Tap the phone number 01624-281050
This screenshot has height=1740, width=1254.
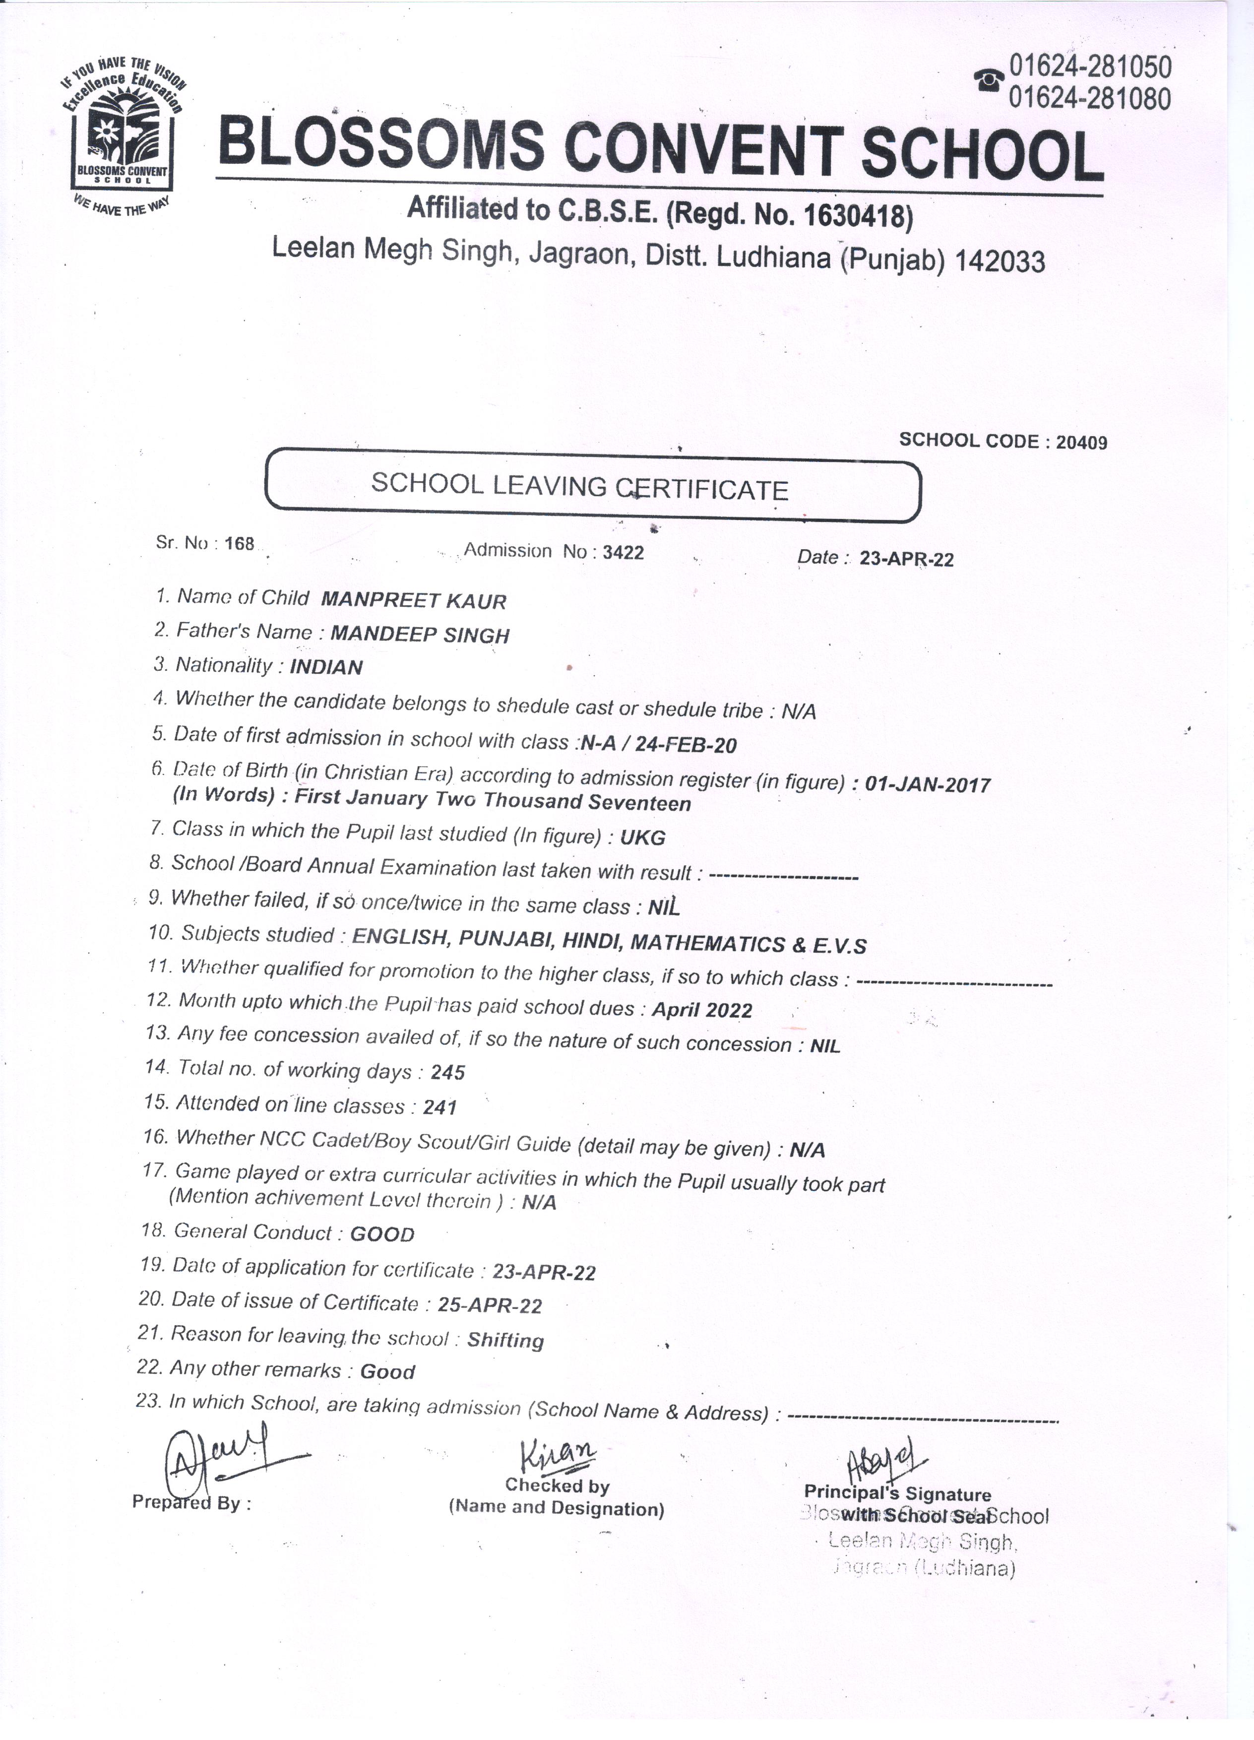tap(1090, 67)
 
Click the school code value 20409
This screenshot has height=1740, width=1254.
tap(1081, 443)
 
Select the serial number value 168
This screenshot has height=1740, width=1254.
tap(239, 543)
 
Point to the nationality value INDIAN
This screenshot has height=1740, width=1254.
tap(326, 667)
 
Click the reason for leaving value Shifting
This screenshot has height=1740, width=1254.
tap(505, 1340)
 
